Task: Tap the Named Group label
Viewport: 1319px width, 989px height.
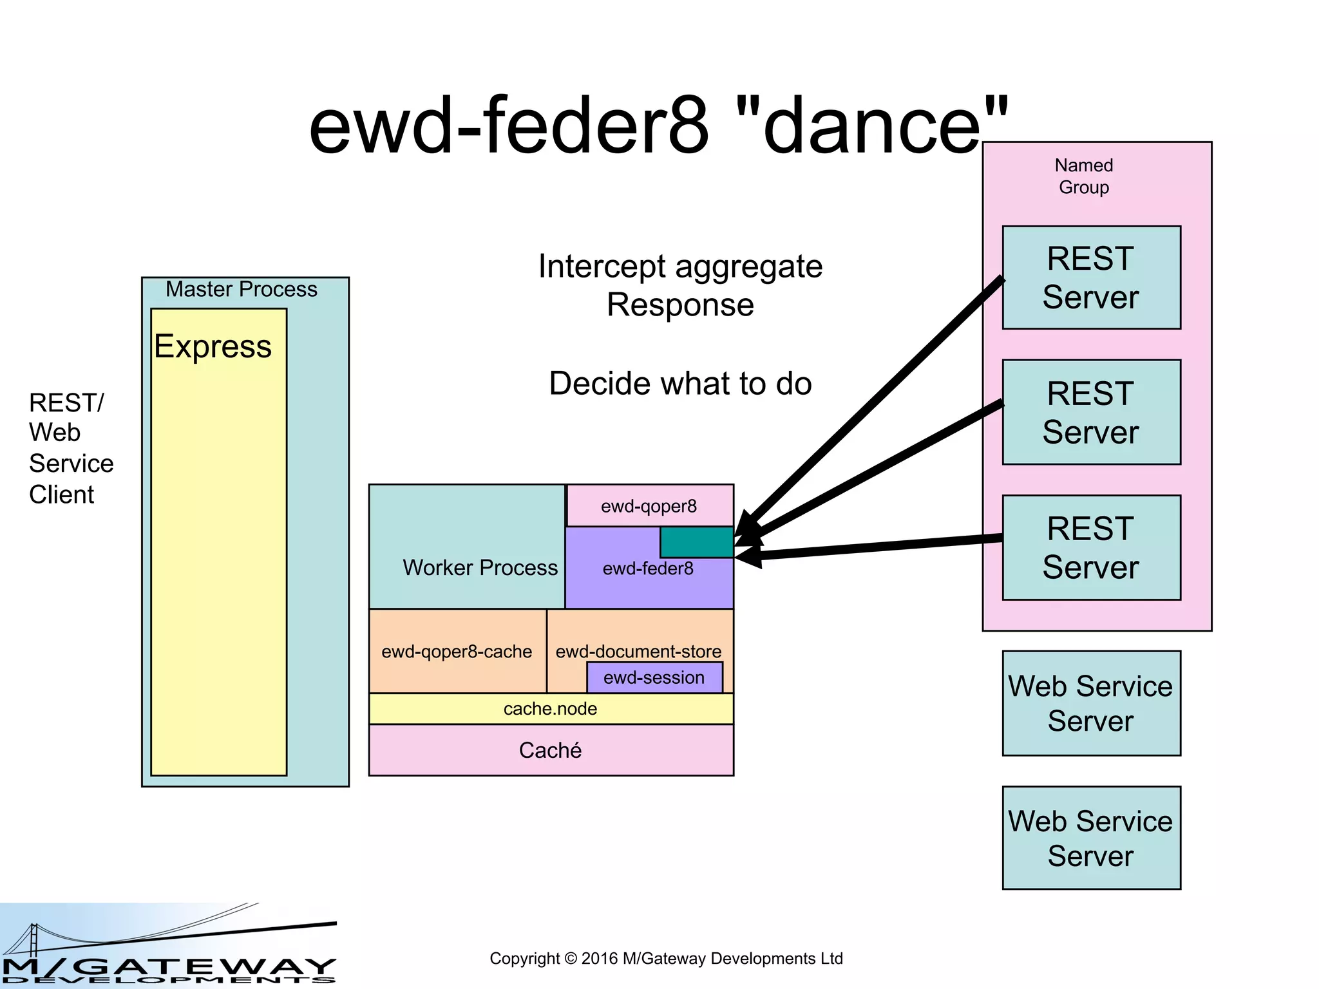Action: click(1084, 176)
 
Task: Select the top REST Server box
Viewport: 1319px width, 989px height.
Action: click(1091, 278)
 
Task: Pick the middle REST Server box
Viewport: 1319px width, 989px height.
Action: click(1091, 412)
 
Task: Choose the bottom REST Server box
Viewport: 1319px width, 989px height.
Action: click(1091, 548)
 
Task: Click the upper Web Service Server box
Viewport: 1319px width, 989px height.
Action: click(1091, 703)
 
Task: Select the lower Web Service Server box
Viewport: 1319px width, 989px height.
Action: click(1091, 838)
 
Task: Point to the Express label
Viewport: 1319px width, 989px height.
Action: click(213, 347)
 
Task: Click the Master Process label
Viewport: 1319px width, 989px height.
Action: click(242, 290)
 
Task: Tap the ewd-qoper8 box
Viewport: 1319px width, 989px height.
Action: click(649, 506)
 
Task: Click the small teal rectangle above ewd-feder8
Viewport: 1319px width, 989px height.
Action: click(696, 542)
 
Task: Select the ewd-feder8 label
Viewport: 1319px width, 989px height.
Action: click(648, 569)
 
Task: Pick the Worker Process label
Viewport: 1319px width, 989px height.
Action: click(480, 568)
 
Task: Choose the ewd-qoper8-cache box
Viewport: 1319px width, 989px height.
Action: click(457, 652)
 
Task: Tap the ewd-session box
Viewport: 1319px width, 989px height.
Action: click(654, 678)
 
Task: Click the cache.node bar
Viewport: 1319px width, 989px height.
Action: click(551, 709)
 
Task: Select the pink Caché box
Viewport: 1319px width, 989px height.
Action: click(551, 751)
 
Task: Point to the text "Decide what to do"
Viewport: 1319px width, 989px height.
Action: click(680, 384)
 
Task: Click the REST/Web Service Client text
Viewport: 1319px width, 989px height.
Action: click(71, 449)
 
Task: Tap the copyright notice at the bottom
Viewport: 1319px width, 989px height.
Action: click(666, 959)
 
